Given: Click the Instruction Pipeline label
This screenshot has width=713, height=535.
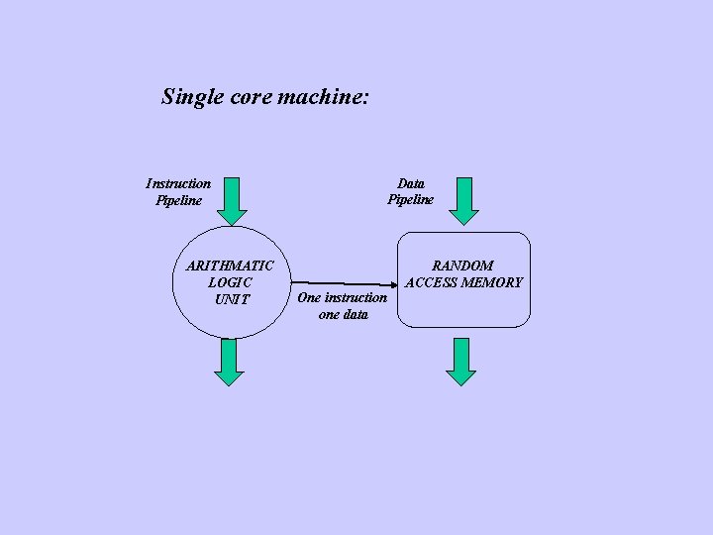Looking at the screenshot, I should (x=178, y=191).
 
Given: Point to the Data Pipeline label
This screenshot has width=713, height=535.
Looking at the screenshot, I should (x=410, y=191).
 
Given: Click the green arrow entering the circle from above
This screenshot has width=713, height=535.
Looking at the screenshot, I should (x=231, y=201).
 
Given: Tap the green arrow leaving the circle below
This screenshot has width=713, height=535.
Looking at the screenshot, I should (x=230, y=362).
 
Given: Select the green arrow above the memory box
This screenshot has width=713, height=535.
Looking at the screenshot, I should (x=462, y=201).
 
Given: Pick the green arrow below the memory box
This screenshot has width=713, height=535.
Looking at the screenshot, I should (x=460, y=362).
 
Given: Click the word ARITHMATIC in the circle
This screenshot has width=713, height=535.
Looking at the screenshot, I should (x=230, y=266).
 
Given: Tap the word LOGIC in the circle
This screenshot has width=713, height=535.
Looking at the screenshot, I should (x=231, y=282).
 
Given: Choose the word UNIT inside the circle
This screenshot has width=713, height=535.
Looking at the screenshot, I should (x=232, y=299).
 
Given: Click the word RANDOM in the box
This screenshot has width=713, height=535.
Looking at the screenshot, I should (x=462, y=266).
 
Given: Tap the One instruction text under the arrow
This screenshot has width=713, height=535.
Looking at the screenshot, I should (x=343, y=297).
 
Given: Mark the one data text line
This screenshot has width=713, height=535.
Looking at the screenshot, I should (x=343, y=314).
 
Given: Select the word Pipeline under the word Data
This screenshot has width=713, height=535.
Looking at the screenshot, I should (x=410, y=199).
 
